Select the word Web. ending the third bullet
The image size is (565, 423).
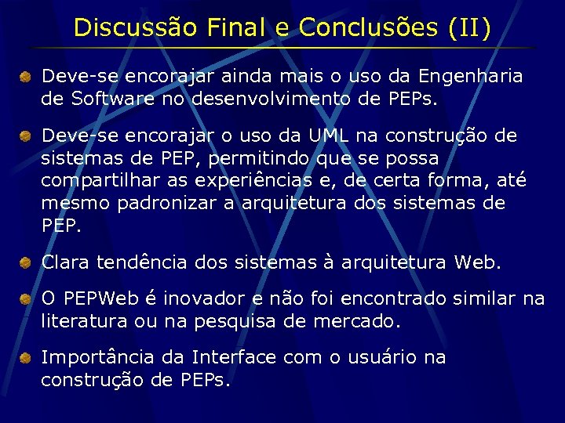coord(477,262)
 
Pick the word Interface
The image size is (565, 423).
coord(234,358)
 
